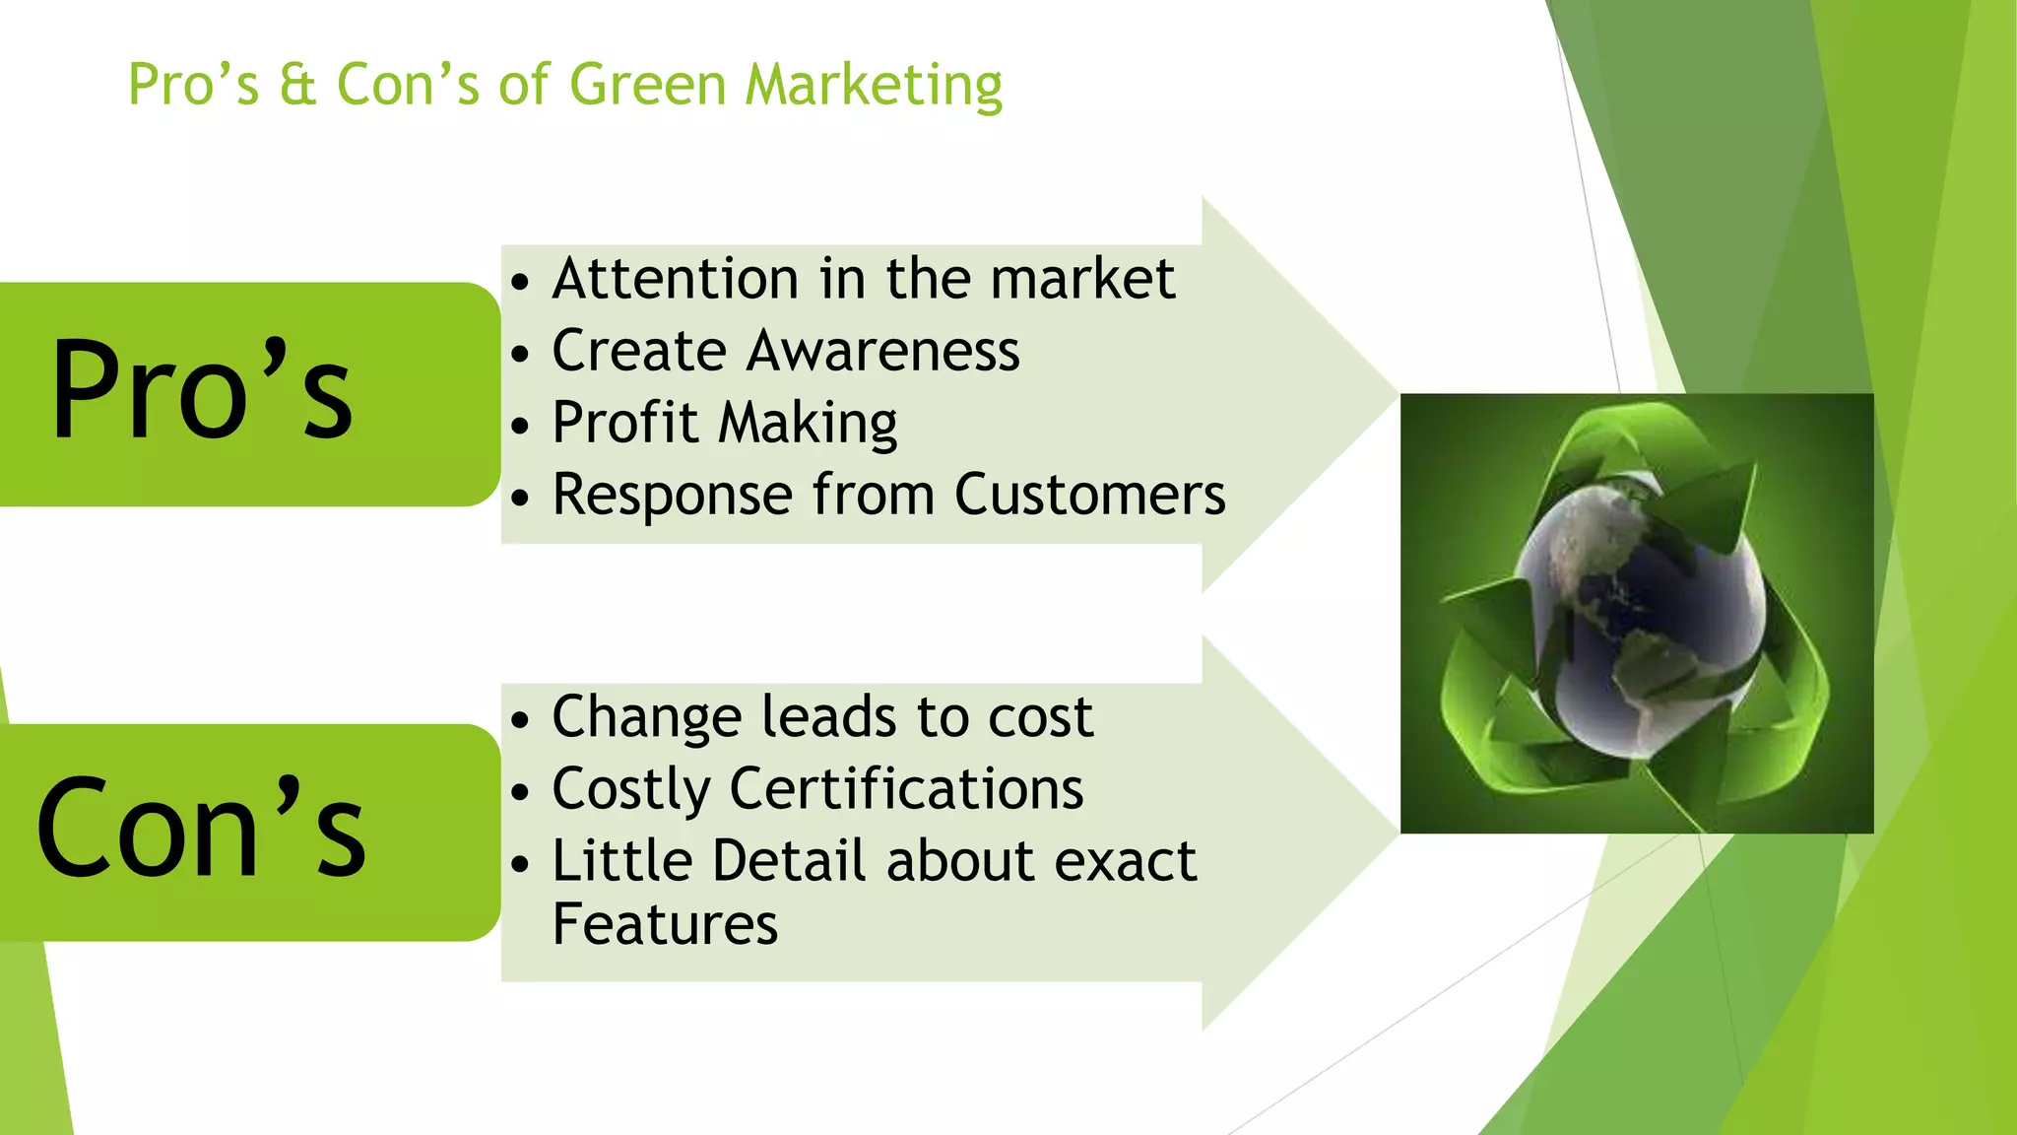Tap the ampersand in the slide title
point(297,86)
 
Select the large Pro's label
point(202,390)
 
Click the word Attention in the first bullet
point(675,279)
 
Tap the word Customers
point(1089,495)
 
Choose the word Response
point(672,495)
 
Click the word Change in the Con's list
point(646,716)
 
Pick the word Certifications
point(906,789)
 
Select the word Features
point(665,924)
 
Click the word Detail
point(789,861)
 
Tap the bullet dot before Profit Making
point(520,427)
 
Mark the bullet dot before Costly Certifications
point(520,792)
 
